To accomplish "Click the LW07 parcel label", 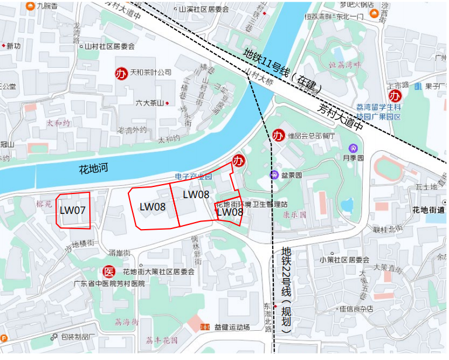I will point(73,210).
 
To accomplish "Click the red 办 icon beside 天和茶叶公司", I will point(121,74).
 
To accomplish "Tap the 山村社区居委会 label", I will point(110,46).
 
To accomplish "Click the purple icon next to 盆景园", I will point(273,175).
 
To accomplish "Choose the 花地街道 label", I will point(428,210).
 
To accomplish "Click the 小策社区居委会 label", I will point(344,259).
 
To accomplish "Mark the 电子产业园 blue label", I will point(194,176).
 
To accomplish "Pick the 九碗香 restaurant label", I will point(47,5).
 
